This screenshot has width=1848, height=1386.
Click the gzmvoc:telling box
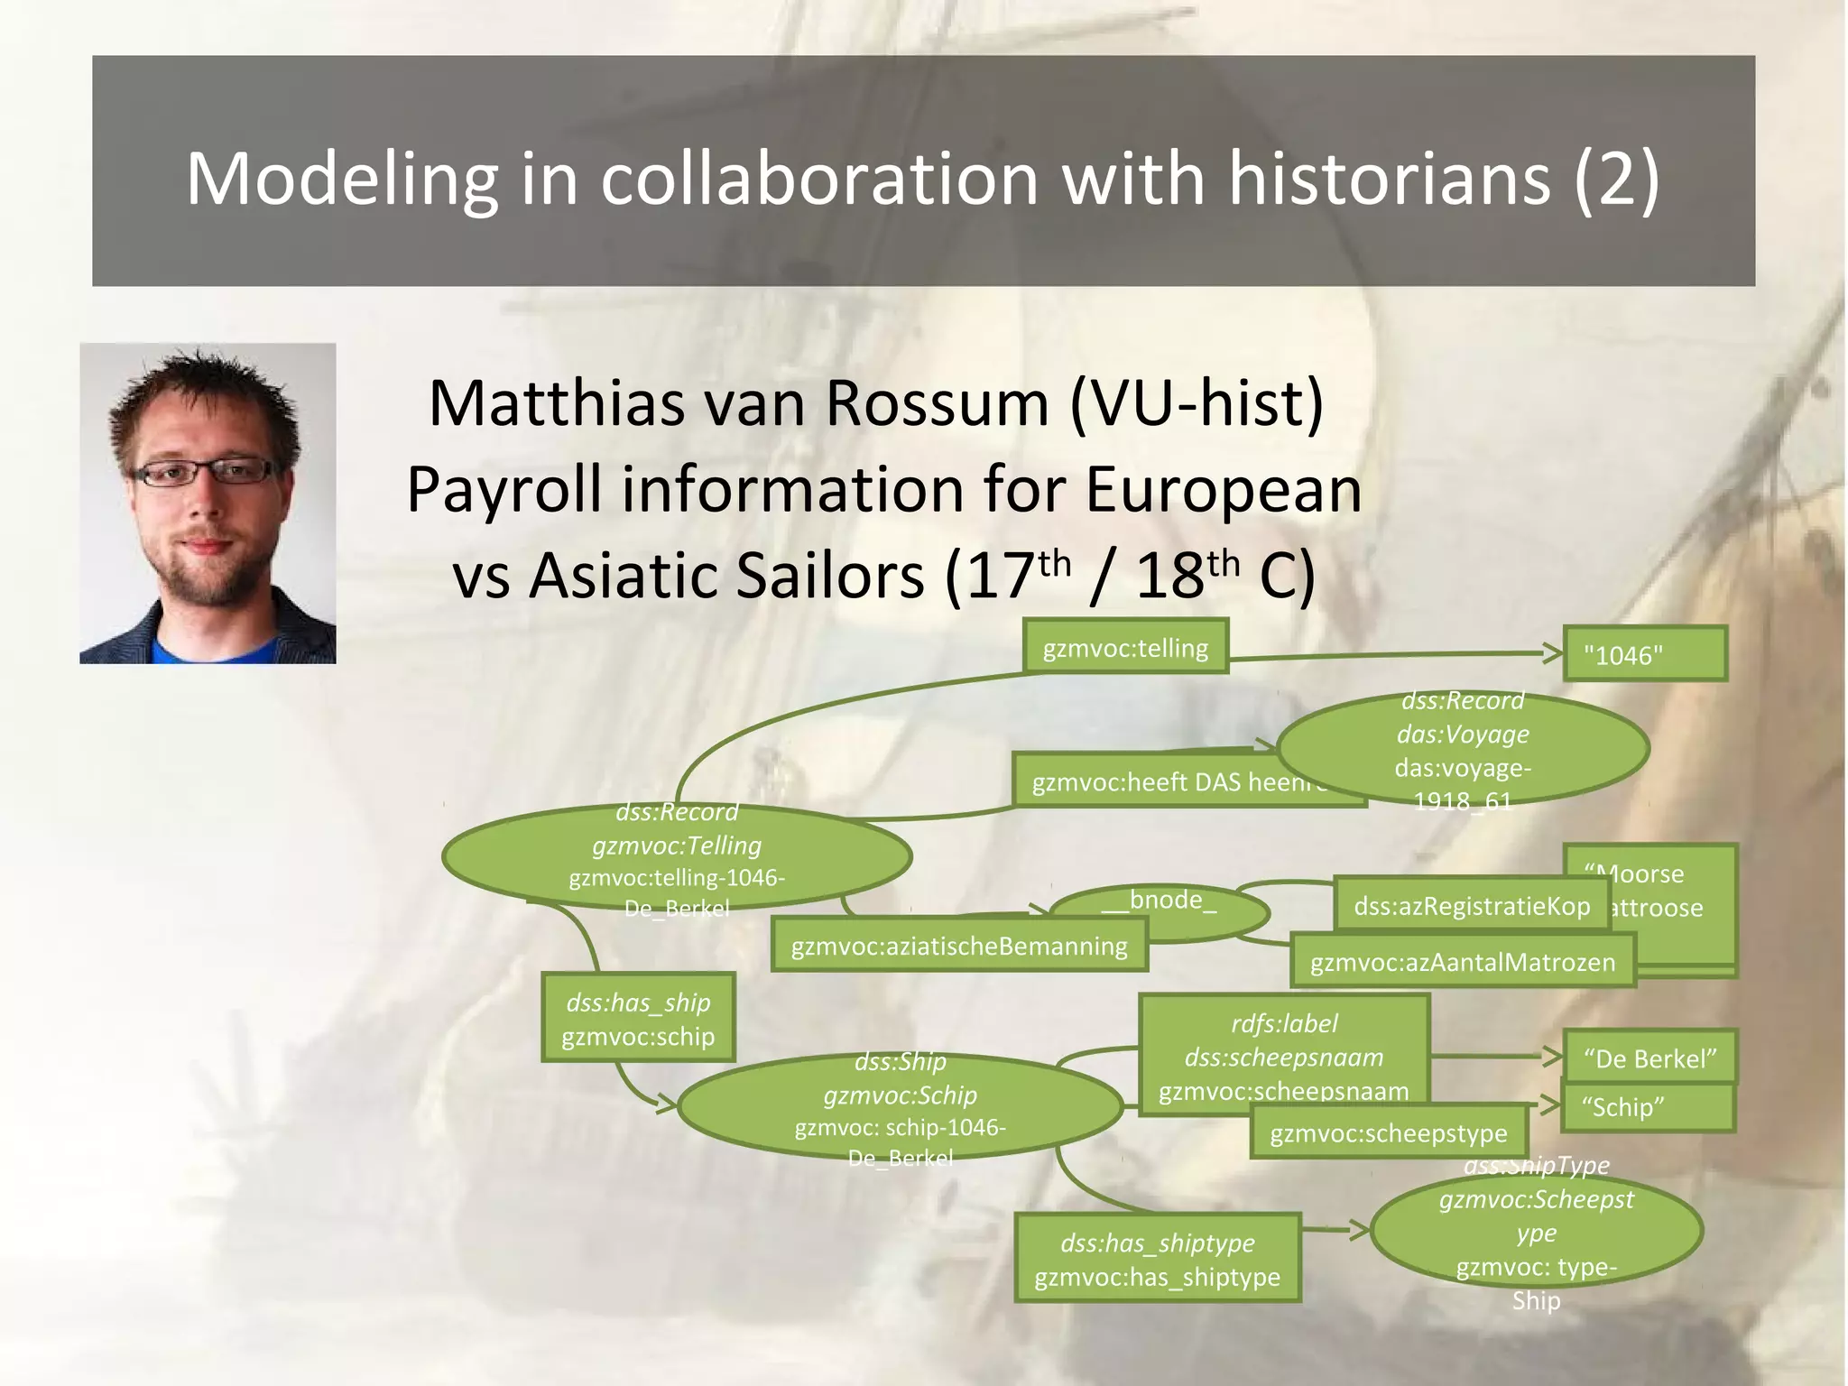coord(1125,647)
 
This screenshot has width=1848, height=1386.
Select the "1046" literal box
coord(1644,654)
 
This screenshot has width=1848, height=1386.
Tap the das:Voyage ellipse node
coord(1463,749)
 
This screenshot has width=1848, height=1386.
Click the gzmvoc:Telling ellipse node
coord(677,856)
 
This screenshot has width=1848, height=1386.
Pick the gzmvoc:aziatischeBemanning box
coord(959,946)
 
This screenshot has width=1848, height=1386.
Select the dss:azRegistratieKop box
coord(1471,905)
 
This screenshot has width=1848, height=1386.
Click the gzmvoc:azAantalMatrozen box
coord(1462,962)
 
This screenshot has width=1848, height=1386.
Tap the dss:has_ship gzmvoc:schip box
coord(638,1019)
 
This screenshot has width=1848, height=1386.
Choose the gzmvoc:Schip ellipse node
coord(900,1107)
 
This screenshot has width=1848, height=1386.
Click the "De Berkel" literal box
coord(1649,1058)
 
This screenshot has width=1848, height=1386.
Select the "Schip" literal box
coord(1649,1107)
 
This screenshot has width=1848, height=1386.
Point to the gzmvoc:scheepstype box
coord(1389,1133)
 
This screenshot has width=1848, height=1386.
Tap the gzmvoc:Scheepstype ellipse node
coord(1536,1231)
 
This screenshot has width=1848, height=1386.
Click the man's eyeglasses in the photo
coord(206,472)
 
